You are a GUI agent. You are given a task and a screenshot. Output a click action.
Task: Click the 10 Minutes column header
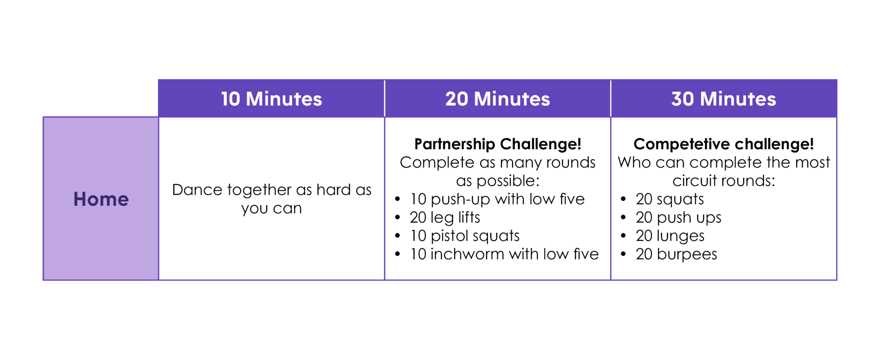tap(271, 99)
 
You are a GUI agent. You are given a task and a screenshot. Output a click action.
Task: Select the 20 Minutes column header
tap(497, 99)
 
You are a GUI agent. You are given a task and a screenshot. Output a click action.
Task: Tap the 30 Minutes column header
tap(724, 99)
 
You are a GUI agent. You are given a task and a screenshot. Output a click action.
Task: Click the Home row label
tap(101, 199)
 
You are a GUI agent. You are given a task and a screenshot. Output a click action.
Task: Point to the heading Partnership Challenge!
tap(498, 144)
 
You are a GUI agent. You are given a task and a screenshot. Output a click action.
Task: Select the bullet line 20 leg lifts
tap(445, 217)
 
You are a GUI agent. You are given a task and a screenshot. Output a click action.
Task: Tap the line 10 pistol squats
tap(464, 236)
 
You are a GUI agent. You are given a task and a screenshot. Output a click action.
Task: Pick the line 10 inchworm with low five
tap(504, 254)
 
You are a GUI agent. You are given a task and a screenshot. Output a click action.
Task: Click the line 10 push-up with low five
tap(497, 199)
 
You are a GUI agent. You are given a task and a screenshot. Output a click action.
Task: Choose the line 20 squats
tap(669, 199)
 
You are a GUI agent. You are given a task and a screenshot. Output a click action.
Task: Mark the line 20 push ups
tap(678, 217)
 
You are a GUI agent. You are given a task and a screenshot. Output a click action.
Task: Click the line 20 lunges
tap(670, 236)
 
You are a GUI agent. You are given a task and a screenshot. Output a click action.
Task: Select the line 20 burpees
tap(676, 254)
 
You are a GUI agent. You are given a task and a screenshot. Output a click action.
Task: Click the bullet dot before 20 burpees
tap(623, 254)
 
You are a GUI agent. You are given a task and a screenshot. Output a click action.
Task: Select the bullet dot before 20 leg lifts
tap(397, 217)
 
